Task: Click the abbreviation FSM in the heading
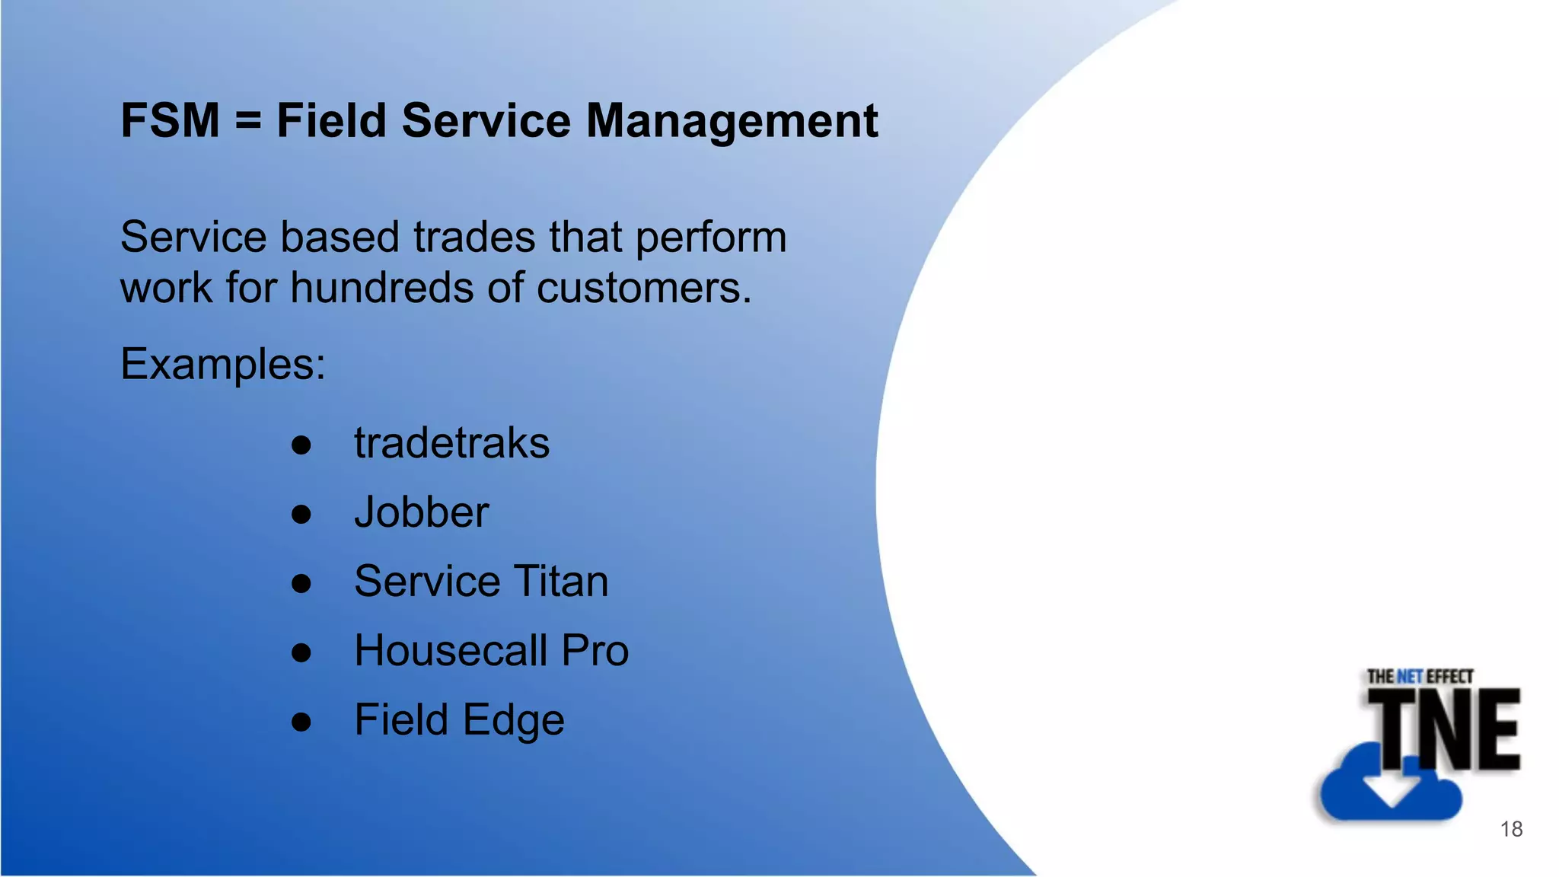tap(171, 121)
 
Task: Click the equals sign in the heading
tap(248, 122)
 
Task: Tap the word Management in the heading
tap(732, 122)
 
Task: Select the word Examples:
tap(223, 365)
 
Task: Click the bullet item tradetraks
tap(451, 444)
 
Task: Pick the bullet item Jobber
tap(422, 512)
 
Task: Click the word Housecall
tap(451, 651)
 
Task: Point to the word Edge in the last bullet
tap(513, 721)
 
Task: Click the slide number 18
tap(1511, 829)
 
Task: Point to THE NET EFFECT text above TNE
tap(1420, 676)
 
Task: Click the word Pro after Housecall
tap(595, 651)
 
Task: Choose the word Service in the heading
tap(486, 122)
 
